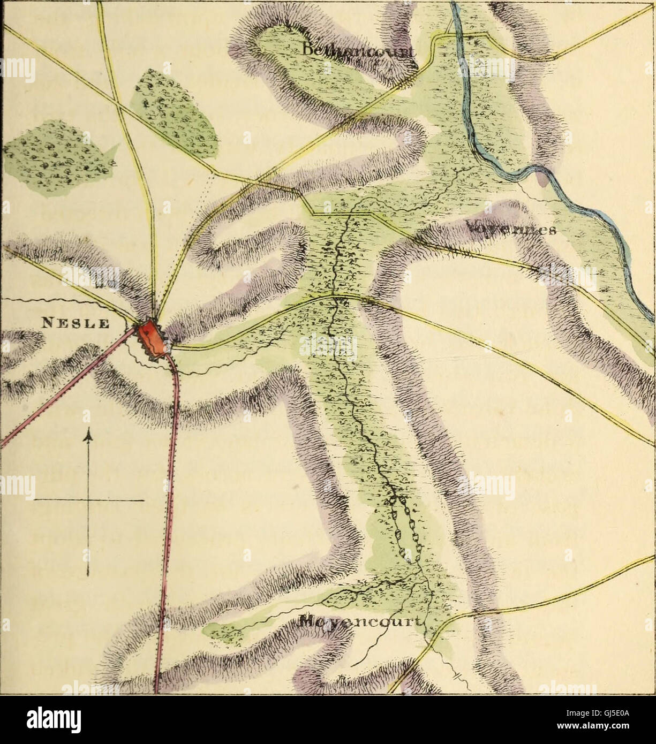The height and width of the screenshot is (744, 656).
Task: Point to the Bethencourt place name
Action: click(x=359, y=51)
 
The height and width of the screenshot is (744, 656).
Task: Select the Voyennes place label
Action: click(x=511, y=229)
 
